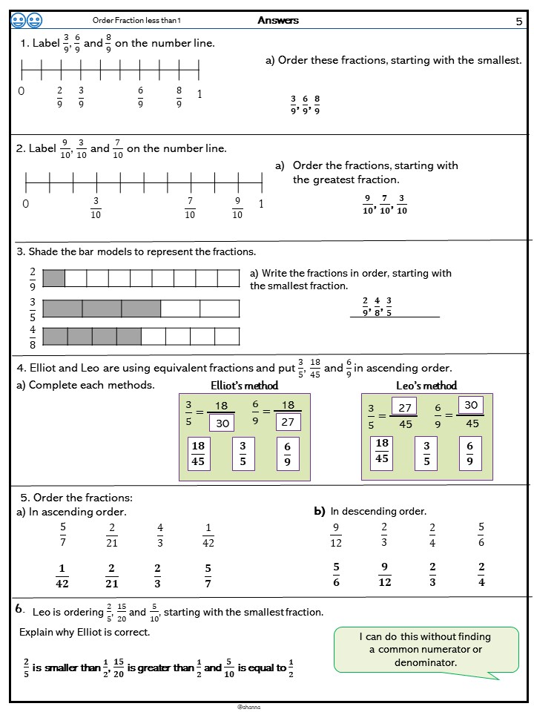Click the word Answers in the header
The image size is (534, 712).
[278, 20]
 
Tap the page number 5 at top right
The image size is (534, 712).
[518, 22]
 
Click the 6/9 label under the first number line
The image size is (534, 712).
[140, 97]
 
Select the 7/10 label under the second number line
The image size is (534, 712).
[190, 208]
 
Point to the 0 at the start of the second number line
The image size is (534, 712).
[25, 204]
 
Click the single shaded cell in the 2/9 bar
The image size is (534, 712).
[54, 278]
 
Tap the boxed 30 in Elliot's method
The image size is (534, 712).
[222, 422]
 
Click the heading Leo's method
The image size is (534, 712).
[426, 385]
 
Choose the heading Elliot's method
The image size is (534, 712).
[245, 385]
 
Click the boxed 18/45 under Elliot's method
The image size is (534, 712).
[198, 452]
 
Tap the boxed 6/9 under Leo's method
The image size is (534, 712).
[469, 452]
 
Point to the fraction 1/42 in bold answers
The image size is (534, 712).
[62, 576]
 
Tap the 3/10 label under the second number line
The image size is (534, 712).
[96, 208]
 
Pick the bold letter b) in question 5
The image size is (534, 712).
[320, 511]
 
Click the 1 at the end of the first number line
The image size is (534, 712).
[199, 93]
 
